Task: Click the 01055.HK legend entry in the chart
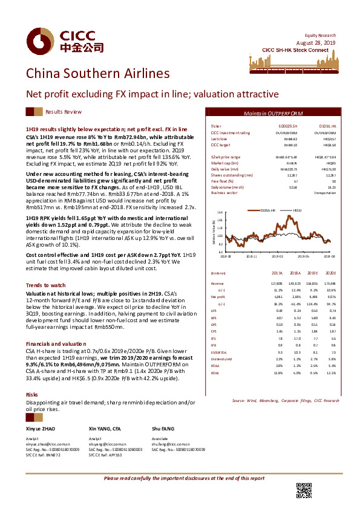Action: (x=266, y=210)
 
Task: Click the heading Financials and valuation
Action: (x=53, y=342)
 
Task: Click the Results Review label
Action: (x=64, y=112)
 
